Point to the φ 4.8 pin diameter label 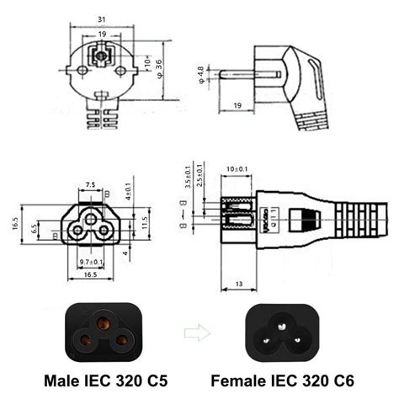[x=199, y=73]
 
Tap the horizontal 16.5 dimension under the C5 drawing [x=89, y=274]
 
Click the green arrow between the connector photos [x=194, y=331]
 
